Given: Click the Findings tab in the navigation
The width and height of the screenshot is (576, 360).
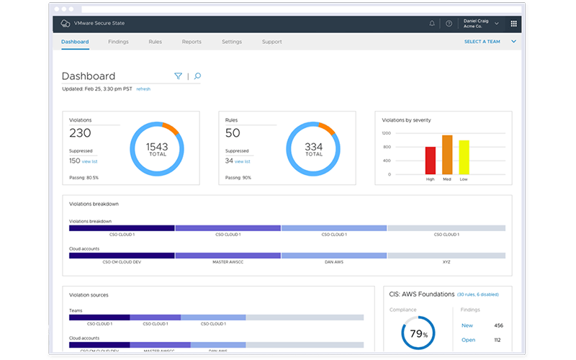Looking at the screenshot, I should click(118, 42).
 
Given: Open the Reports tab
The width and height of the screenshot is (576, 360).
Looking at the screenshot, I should click(192, 42).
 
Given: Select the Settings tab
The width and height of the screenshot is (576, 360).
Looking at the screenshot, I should click(232, 42).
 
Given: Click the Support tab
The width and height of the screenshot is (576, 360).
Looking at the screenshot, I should click(272, 42).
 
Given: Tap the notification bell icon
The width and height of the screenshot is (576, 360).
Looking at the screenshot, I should click(432, 24).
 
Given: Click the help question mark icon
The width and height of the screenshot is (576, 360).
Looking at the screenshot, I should click(449, 24).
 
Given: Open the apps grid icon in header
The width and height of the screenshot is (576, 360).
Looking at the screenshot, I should click(513, 24).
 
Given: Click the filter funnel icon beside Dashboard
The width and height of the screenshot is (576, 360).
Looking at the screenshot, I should click(178, 76).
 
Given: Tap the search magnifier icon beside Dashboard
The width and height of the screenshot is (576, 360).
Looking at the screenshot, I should click(197, 76).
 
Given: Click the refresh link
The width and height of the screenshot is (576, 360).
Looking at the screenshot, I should click(143, 89).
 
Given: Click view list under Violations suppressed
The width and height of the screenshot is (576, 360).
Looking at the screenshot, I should click(91, 161).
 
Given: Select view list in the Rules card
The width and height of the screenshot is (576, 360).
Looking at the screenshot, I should click(242, 161).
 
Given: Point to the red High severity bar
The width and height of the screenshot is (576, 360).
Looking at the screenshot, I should click(431, 160).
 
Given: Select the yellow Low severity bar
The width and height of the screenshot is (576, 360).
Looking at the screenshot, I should click(464, 157).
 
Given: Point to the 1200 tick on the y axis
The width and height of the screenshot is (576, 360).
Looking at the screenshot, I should click(386, 133).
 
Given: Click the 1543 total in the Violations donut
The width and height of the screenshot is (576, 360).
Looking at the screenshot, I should click(158, 149).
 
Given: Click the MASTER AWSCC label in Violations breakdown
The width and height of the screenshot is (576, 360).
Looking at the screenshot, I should click(228, 262).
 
